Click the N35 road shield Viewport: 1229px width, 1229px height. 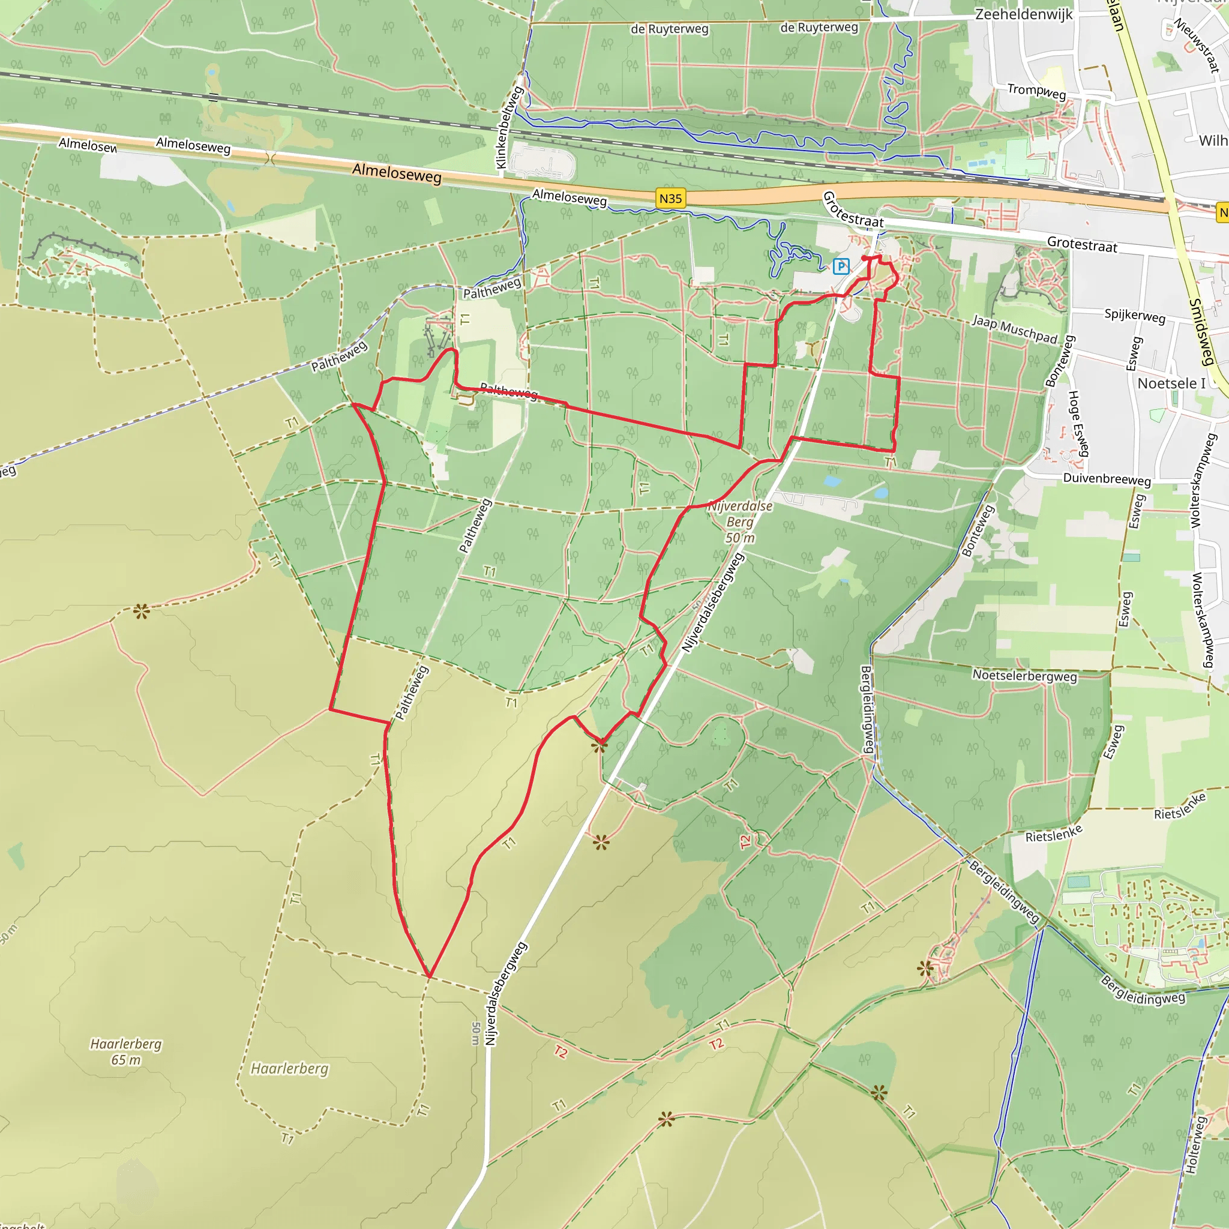pyautogui.click(x=670, y=199)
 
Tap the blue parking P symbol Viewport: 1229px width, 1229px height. pyautogui.click(x=841, y=266)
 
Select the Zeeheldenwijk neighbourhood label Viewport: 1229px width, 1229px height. pyautogui.click(x=1024, y=14)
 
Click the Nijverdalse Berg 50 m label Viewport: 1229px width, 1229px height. pyautogui.click(x=740, y=521)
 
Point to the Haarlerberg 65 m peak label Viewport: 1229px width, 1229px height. pyautogui.click(x=126, y=1051)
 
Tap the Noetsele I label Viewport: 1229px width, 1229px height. pyautogui.click(x=1171, y=383)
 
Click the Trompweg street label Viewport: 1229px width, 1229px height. pyautogui.click(x=1036, y=91)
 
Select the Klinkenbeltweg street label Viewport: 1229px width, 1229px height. pyautogui.click(x=509, y=128)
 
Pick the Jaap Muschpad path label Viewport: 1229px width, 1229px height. pyautogui.click(x=1014, y=329)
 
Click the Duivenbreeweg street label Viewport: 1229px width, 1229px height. pyautogui.click(x=1107, y=479)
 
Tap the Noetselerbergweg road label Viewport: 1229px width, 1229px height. pyautogui.click(x=1025, y=676)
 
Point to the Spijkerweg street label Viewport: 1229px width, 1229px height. pyautogui.click(x=1135, y=316)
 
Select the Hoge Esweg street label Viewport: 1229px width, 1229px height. pyautogui.click(x=1078, y=423)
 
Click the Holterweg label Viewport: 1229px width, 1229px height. pyautogui.click(x=1195, y=1145)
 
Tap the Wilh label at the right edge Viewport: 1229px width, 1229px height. pyautogui.click(x=1212, y=140)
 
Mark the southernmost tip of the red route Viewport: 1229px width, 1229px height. pyautogui.click(x=430, y=976)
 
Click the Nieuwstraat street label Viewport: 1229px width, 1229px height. pyautogui.click(x=1197, y=44)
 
